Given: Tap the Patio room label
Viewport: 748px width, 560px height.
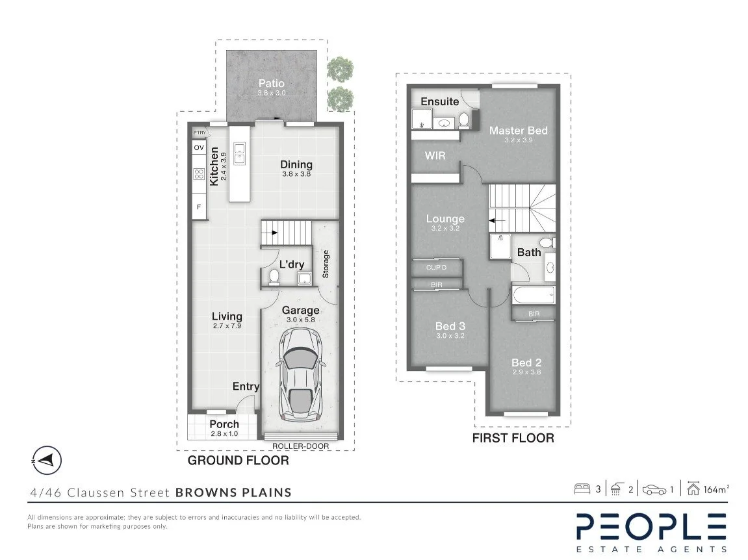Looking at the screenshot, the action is click(x=272, y=83).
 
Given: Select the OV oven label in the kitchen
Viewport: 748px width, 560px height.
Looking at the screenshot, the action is click(x=199, y=148).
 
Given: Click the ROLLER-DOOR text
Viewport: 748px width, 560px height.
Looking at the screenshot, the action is click(x=300, y=446).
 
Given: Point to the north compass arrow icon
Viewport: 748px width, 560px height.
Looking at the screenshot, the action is click(x=46, y=461).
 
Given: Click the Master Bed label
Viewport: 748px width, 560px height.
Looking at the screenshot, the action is click(x=518, y=130).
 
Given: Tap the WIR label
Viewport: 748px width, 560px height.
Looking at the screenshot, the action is click(x=435, y=155).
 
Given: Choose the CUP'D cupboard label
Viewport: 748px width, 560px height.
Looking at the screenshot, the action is click(x=437, y=268).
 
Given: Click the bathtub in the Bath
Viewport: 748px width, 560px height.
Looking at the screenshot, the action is click(x=534, y=295).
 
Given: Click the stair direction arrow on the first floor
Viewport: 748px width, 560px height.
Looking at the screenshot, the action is click(x=497, y=221).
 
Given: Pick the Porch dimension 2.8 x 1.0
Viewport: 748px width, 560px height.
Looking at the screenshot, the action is click(x=224, y=433).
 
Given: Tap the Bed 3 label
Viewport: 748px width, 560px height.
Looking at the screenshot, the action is click(x=450, y=326).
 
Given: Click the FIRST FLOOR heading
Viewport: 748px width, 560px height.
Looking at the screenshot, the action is click(x=513, y=438).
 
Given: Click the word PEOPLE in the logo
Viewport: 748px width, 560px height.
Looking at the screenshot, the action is click(x=652, y=527).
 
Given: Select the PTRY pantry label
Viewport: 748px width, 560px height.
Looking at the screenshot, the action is click(x=200, y=133).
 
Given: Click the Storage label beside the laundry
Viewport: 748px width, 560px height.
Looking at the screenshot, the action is click(x=326, y=264).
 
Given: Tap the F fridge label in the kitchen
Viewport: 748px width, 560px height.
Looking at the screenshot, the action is click(x=199, y=207).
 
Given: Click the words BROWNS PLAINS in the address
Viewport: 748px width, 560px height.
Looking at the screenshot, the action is click(x=233, y=492).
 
